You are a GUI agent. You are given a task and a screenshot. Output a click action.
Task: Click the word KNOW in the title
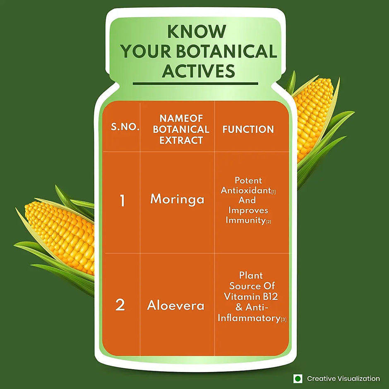[197, 31]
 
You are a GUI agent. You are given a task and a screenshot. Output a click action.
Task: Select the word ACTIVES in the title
[198, 71]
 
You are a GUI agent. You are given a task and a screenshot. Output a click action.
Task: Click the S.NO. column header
[125, 127]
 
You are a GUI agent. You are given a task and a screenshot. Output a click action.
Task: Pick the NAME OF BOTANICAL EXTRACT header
[181, 129]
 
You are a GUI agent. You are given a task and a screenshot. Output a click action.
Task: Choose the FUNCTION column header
[248, 129]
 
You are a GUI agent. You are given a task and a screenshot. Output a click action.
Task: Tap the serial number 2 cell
[120, 305]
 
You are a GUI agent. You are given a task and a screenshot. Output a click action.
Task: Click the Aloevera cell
[175, 305]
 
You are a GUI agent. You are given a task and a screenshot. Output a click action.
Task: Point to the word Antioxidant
[245, 190]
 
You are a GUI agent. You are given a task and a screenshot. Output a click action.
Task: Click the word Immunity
[245, 220]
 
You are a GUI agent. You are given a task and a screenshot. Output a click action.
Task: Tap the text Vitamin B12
[250, 297]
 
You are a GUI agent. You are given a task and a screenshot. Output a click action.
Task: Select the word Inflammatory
[249, 318]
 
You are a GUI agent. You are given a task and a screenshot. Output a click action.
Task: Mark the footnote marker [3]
[283, 320]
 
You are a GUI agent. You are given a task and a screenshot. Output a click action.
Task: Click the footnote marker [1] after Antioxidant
[274, 192]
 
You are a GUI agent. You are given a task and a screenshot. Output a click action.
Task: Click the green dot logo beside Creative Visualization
[298, 379]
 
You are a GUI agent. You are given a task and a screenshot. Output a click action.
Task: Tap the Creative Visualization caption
[343, 379]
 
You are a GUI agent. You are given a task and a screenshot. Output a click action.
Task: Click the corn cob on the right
[314, 119]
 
